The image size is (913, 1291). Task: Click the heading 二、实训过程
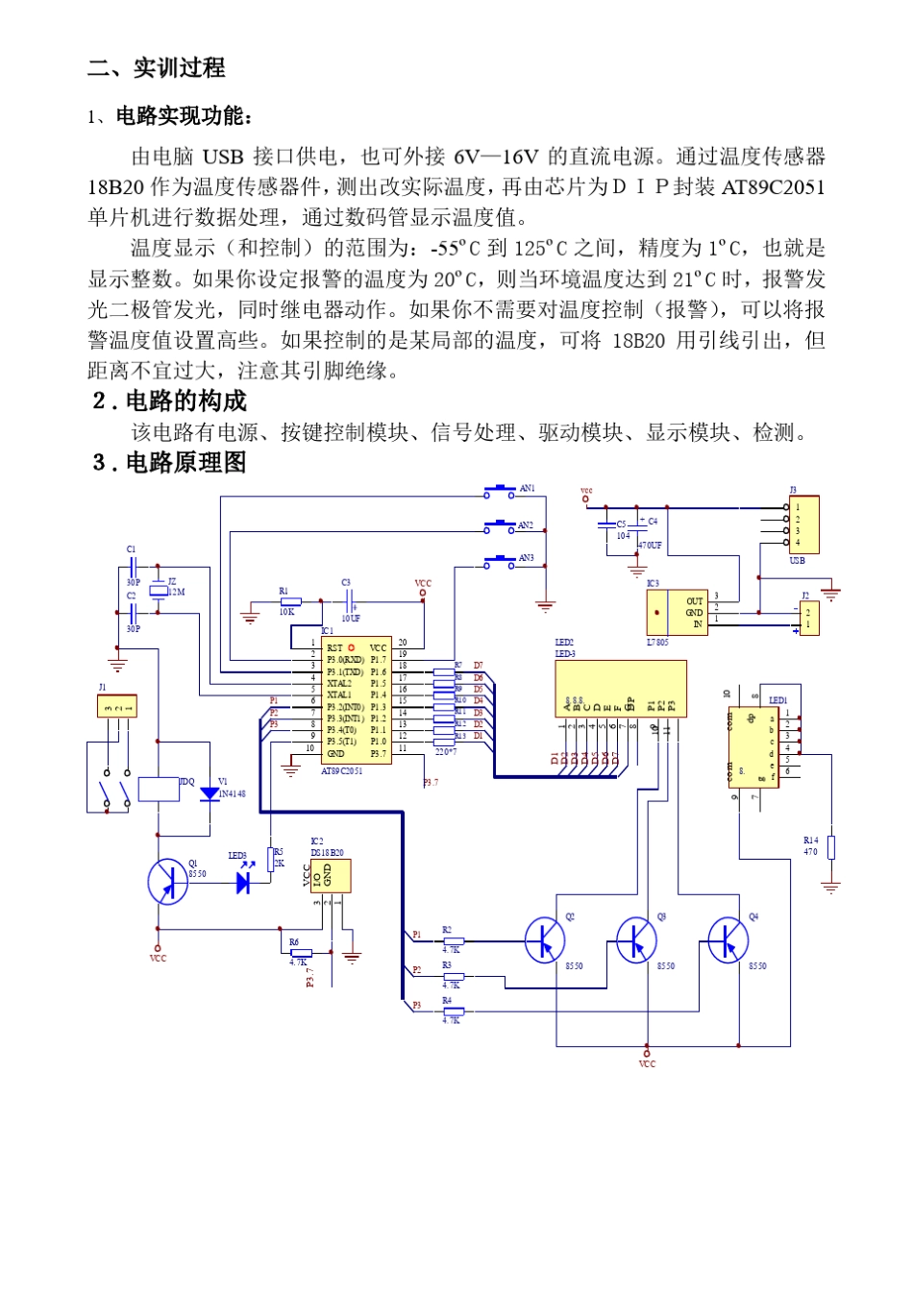157,68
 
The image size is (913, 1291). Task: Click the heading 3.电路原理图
169,463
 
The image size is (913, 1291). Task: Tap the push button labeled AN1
500,492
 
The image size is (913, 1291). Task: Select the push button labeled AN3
500,561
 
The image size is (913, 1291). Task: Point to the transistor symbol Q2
545,940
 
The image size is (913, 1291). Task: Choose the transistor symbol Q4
728,940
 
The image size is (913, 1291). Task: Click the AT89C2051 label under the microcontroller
342,771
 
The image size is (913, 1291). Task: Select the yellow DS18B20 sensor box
331,876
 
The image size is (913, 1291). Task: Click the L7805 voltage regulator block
678,612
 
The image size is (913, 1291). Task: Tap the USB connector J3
803,524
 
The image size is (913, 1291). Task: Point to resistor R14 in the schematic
831,847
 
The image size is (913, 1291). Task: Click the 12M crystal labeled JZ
160,588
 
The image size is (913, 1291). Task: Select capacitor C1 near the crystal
134,566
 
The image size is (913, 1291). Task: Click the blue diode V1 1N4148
210,794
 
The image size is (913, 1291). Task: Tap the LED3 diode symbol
243,882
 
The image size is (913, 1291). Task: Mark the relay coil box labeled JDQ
159,789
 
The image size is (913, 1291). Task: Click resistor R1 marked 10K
290,602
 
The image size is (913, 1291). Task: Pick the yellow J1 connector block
117,707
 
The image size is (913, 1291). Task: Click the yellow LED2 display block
620,688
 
